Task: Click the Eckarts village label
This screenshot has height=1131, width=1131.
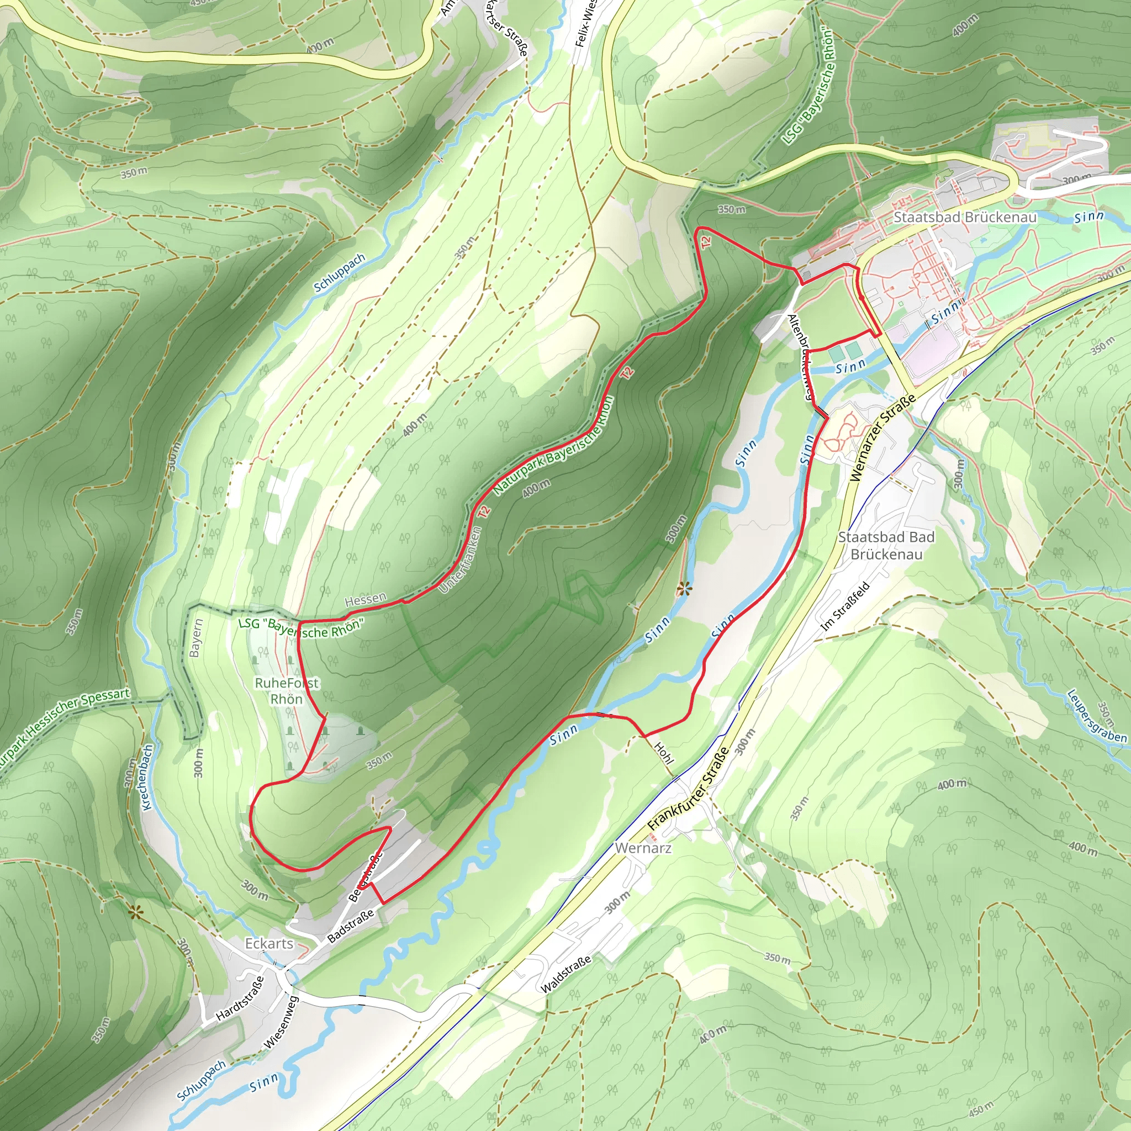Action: click(269, 943)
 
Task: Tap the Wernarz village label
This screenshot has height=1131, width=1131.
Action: click(643, 848)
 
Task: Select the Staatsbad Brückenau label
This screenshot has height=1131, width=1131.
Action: click(965, 217)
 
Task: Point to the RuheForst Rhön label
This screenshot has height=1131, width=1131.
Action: click(287, 691)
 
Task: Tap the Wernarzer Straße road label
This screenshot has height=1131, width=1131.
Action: click(883, 438)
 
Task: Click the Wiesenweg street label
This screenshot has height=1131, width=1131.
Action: click(282, 1022)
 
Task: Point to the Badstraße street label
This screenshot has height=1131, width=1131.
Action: click(350, 926)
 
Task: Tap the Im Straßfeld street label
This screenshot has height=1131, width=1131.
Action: click(845, 605)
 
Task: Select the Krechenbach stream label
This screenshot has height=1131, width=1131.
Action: click(147, 776)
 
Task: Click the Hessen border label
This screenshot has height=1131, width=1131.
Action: click(365, 599)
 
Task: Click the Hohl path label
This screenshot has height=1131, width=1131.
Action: click(663, 753)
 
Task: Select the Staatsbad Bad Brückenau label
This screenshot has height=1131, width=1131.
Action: click(886, 546)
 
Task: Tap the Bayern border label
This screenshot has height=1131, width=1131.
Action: click(195, 637)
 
